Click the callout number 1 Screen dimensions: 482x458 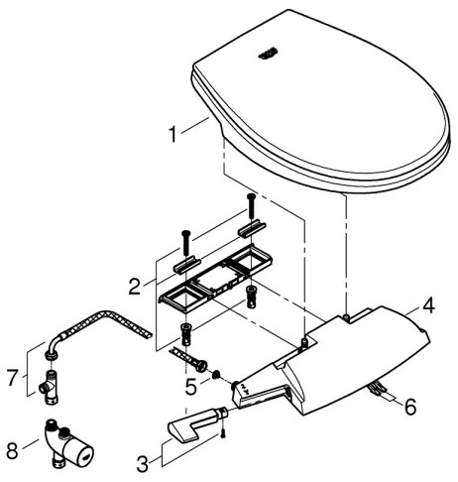pyautogui.click(x=174, y=132)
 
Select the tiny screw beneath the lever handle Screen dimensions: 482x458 pyautogui.click(x=226, y=432)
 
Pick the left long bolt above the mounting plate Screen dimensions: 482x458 pyautogui.click(x=185, y=242)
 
